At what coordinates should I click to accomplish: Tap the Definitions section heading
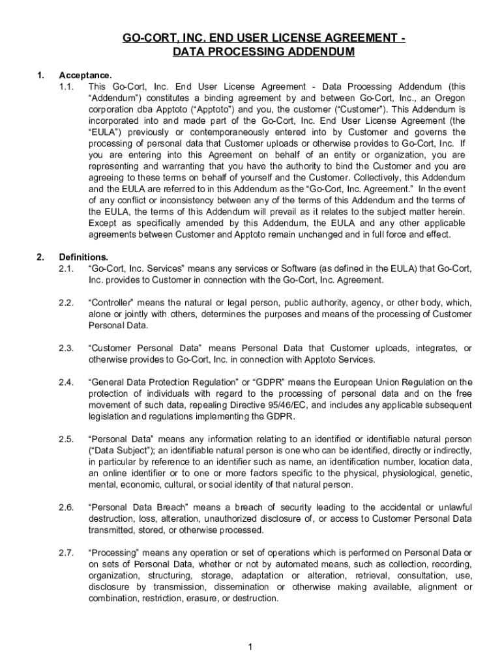click(x=83, y=257)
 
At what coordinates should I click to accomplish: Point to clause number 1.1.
click(x=67, y=87)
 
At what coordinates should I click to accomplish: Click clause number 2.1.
click(x=67, y=268)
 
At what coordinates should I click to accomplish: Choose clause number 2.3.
click(x=67, y=348)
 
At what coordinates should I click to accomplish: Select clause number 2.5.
click(x=67, y=440)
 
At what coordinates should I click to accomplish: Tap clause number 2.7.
click(x=67, y=553)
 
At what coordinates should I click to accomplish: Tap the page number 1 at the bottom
click(x=250, y=646)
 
